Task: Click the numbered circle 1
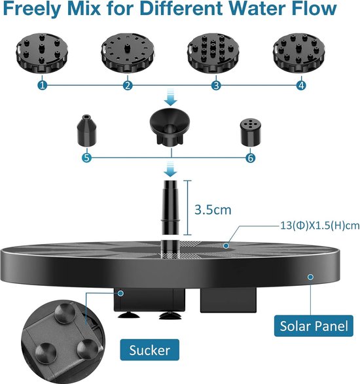coord(43,86)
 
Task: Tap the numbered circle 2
coord(128,86)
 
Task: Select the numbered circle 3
coord(216,86)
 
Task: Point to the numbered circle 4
coord(301,86)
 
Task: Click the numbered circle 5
coord(87,158)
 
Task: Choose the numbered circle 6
coord(250,158)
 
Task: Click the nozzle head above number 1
coord(42,53)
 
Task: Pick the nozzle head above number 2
coord(128,52)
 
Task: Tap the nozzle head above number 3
coord(213,54)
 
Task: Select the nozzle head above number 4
coord(299,53)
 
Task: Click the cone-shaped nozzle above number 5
coord(87,130)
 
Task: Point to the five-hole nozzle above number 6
coord(250,132)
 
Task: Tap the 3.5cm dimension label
coord(213,209)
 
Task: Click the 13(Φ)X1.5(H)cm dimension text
coord(319,225)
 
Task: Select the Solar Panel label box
coord(314,326)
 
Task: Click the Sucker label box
coord(149,350)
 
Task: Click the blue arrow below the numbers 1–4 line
coord(171,97)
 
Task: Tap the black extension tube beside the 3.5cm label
coord(170,207)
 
